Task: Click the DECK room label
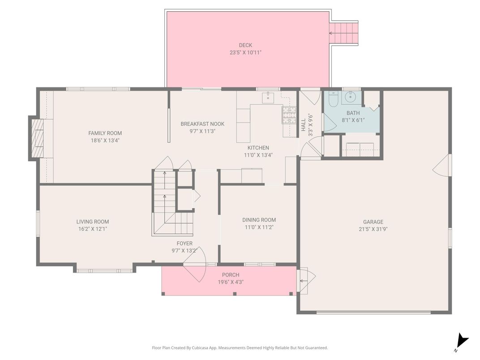(245, 45)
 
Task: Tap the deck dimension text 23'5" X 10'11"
(245, 53)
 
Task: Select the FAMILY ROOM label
(105, 133)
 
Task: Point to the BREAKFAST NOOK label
(202, 124)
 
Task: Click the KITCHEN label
(258, 148)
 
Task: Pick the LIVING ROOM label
(92, 222)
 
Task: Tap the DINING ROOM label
(259, 220)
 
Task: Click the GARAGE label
(373, 222)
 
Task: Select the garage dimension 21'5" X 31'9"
(373, 229)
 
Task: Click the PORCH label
(231, 275)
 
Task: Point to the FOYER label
(184, 244)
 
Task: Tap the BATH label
(353, 113)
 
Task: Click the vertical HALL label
(304, 125)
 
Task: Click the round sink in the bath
(350, 97)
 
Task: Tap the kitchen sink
(268, 97)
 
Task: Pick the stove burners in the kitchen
(289, 115)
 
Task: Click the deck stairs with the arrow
(343, 33)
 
